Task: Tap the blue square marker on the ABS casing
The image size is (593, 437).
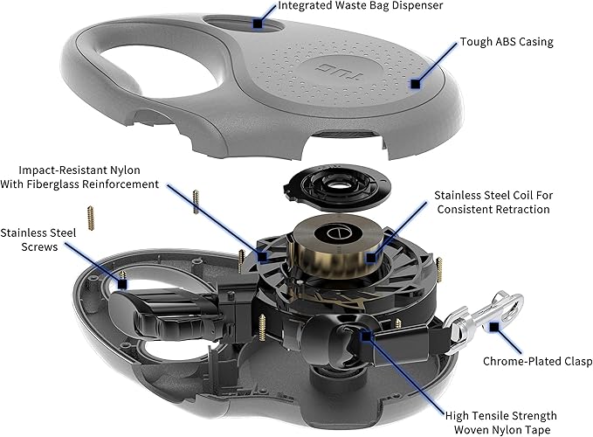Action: point(416,84)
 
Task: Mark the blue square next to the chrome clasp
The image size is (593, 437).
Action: point(494,327)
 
